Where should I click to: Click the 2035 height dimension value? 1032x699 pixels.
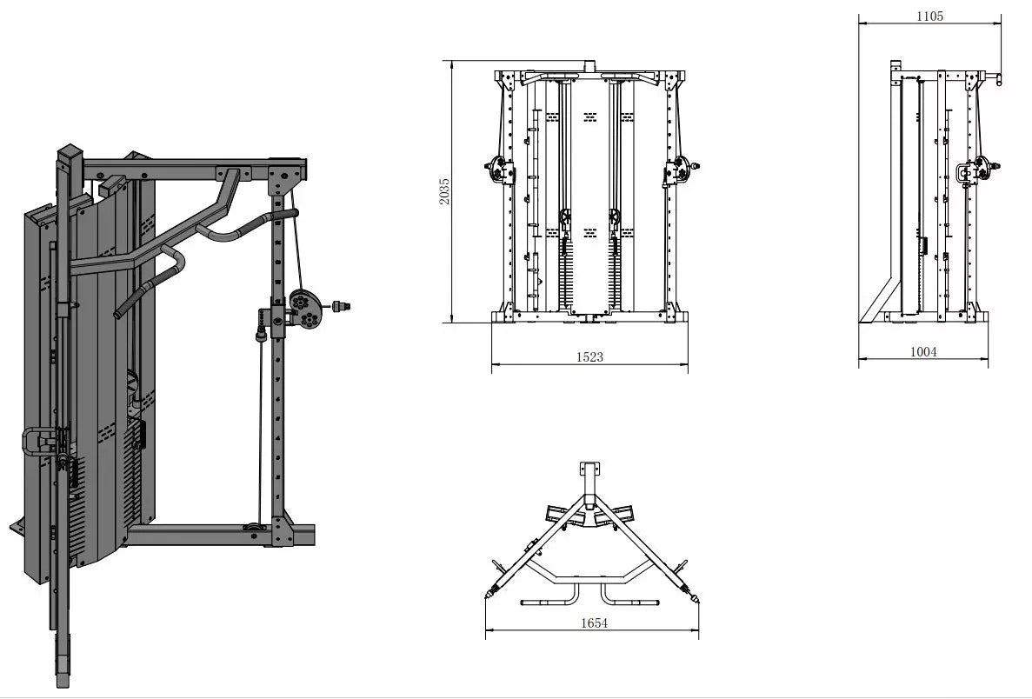pyautogui.click(x=445, y=191)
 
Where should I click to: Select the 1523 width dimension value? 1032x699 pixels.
pyautogui.click(x=589, y=356)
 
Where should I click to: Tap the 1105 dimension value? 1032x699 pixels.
pyautogui.click(x=930, y=16)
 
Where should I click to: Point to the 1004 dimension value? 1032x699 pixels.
pyautogui.click(x=923, y=351)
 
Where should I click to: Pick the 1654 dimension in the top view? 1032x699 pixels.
pyautogui.click(x=594, y=622)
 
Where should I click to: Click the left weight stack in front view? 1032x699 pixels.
pyautogui.click(x=565, y=272)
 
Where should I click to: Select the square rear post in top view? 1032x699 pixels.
pyautogui.click(x=589, y=470)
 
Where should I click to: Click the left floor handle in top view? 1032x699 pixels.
pyautogui.click(x=550, y=595)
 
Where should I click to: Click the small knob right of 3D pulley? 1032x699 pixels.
pyautogui.click(x=341, y=306)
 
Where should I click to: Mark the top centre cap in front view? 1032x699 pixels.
pyautogui.click(x=589, y=66)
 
